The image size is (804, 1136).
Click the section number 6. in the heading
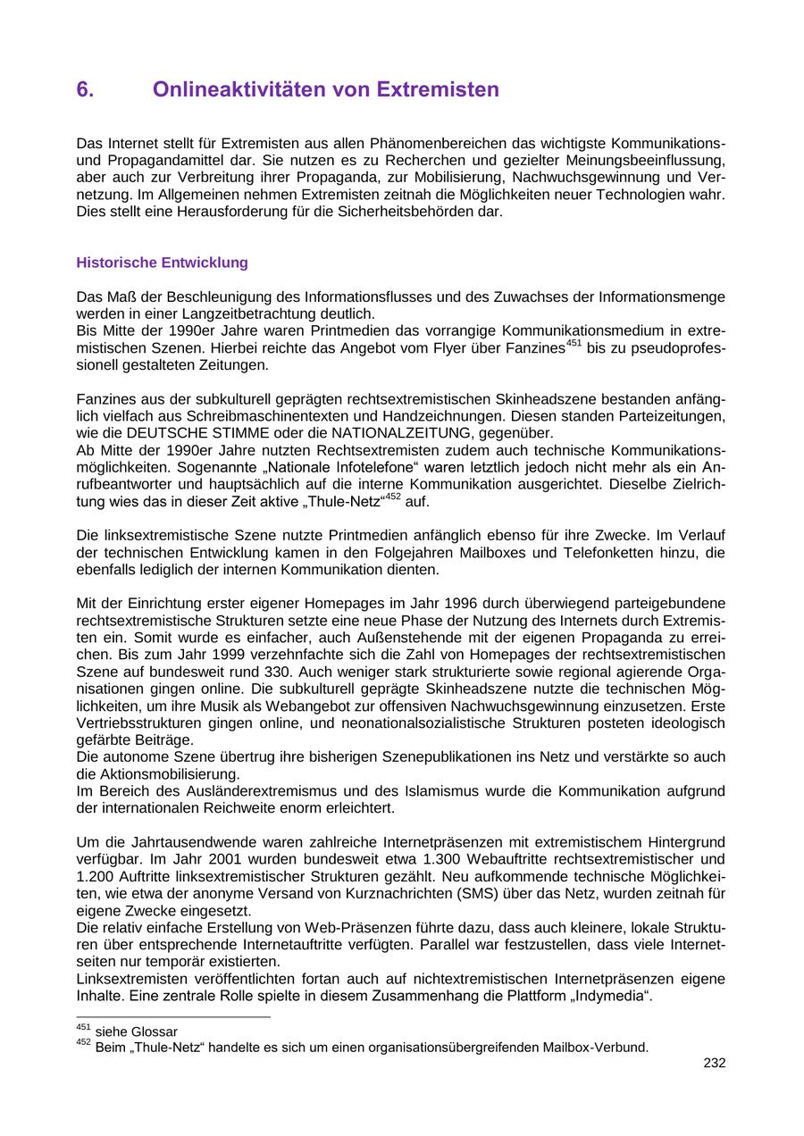pyautogui.click(x=86, y=90)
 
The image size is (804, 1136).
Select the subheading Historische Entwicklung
pyautogui.click(x=162, y=263)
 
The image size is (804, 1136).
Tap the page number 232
pyautogui.click(x=714, y=1063)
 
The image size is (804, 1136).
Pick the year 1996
pyautogui.click(x=466, y=603)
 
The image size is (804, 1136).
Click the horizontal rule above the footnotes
pyautogui.click(x=173, y=1016)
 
